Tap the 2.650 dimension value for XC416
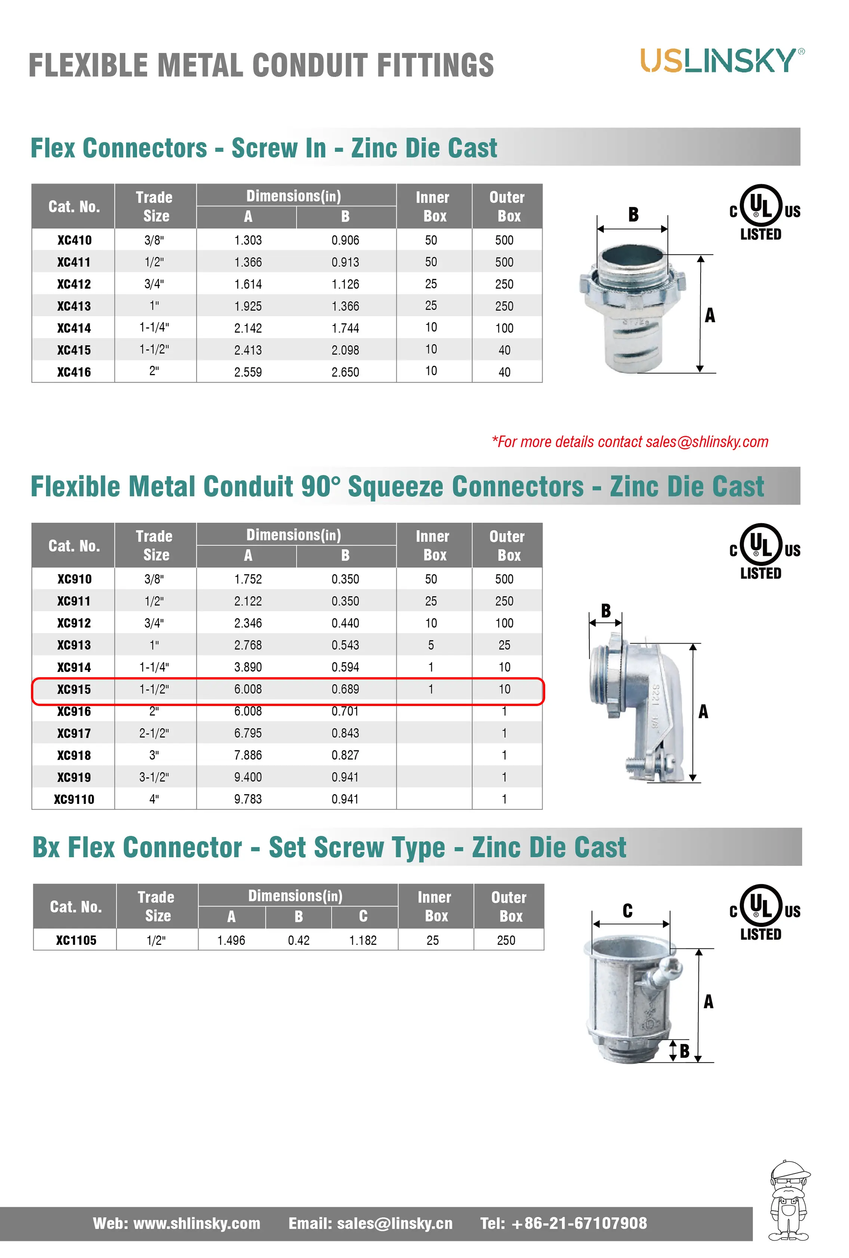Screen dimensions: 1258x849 click(345, 372)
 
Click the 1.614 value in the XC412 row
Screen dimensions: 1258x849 click(248, 284)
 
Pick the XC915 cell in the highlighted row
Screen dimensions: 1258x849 click(74, 689)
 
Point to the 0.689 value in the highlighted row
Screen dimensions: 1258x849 click(345, 689)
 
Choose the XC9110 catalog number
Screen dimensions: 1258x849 click(74, 799)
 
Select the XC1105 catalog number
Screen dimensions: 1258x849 click(76, 940)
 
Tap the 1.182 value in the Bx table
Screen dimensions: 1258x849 click(363, 940)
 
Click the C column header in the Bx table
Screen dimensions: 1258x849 click(363, 916)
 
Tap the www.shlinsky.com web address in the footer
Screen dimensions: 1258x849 click(197, 1223)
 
